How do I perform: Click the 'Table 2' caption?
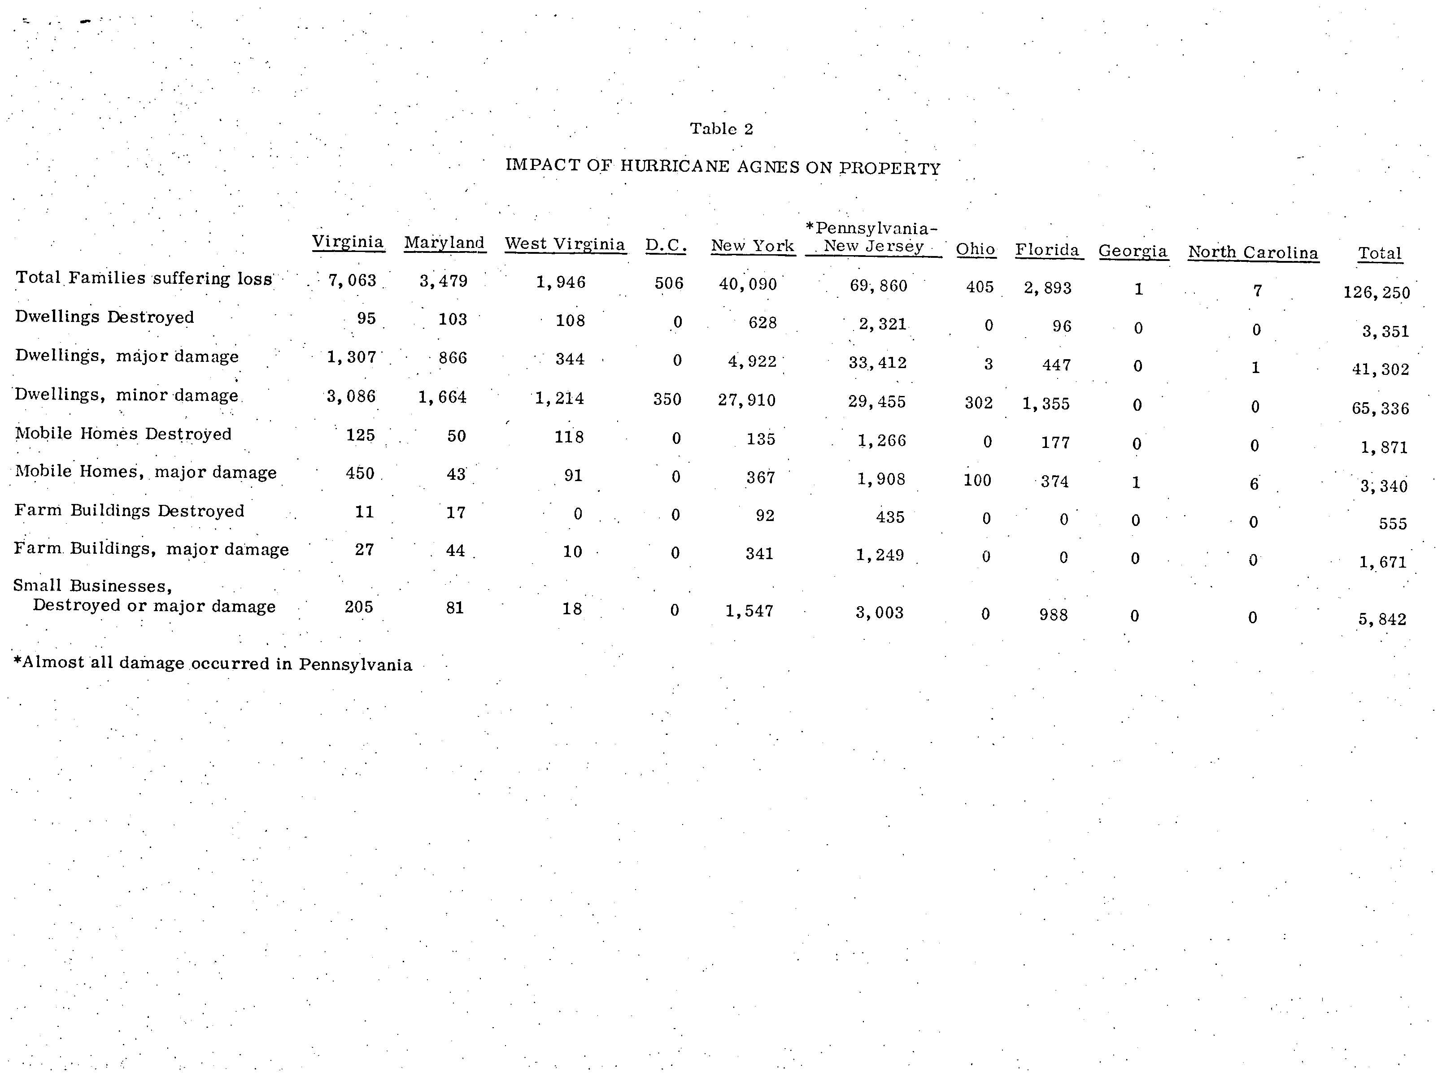721,129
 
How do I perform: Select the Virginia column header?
348,242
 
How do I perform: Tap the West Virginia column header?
565,244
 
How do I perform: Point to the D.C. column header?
666,246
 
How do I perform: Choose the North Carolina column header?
1252,253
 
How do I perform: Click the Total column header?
1379,253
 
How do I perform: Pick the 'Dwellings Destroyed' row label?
105,317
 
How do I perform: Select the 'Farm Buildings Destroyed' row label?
129,511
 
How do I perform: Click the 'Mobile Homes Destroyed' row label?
123,434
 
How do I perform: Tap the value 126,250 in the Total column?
1376,292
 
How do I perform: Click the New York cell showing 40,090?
748,285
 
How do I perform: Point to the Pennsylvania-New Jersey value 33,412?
877,362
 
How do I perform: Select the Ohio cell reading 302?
979,403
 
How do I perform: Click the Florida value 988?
1054,614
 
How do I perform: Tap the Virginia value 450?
360,473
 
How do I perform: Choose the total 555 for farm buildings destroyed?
1393,524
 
